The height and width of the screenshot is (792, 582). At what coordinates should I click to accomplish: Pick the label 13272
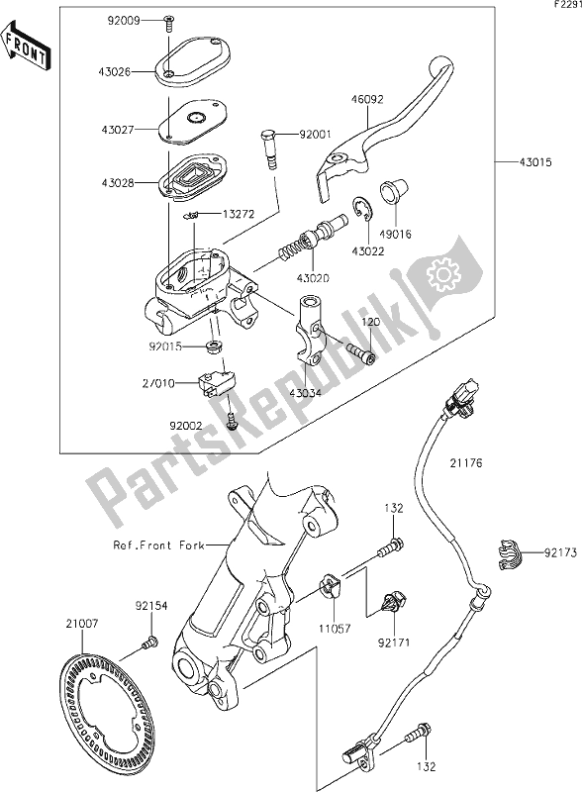[238, 213]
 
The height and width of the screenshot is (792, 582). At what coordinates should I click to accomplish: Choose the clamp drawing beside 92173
[510, 553]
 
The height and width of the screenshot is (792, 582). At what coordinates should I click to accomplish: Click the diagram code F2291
[565, 6]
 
